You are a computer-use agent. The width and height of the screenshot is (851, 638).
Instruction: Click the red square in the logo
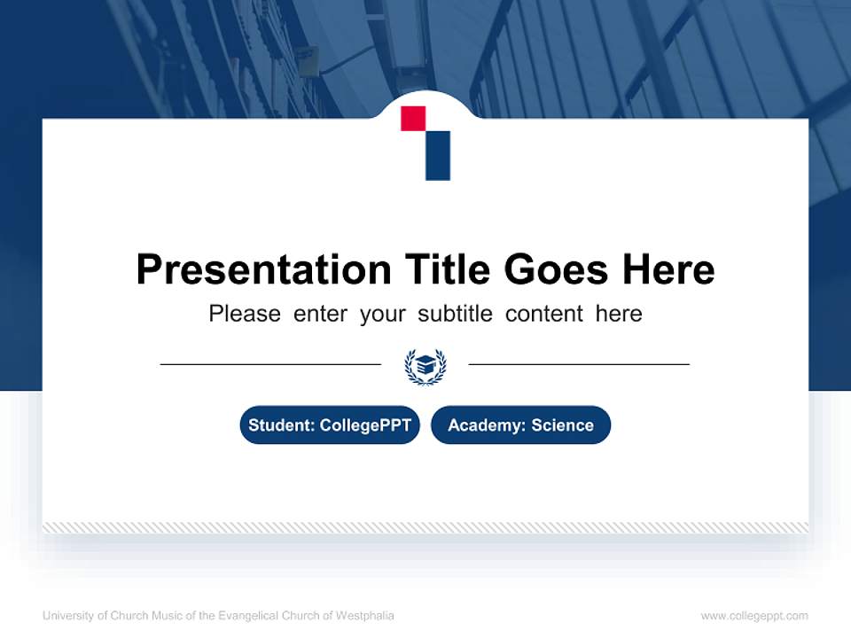point(413,119)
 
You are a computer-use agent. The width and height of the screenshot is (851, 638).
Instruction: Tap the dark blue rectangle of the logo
point(438,155)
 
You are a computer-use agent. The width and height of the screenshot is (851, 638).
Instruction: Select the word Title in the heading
point(448,268)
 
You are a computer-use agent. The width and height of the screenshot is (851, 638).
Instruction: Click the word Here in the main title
point(668,268)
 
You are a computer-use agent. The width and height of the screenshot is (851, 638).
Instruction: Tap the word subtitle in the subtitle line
point(457,314)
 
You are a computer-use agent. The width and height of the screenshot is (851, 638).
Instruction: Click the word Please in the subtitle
point(245,314)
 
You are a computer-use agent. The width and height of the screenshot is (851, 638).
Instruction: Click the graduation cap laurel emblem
point(425,365)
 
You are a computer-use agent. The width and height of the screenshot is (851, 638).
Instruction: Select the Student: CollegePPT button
point(330,425)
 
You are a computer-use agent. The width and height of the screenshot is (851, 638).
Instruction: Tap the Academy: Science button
point(520,425)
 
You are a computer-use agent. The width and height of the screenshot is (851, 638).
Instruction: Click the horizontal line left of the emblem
point(270,363)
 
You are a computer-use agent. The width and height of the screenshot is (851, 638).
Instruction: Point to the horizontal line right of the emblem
point(579,363)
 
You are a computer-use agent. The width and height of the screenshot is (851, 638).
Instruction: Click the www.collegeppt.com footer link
point(754,616)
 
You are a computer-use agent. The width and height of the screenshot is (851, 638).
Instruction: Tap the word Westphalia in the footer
point(365,616)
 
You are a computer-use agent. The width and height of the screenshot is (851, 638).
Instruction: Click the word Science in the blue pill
point(562,425)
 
